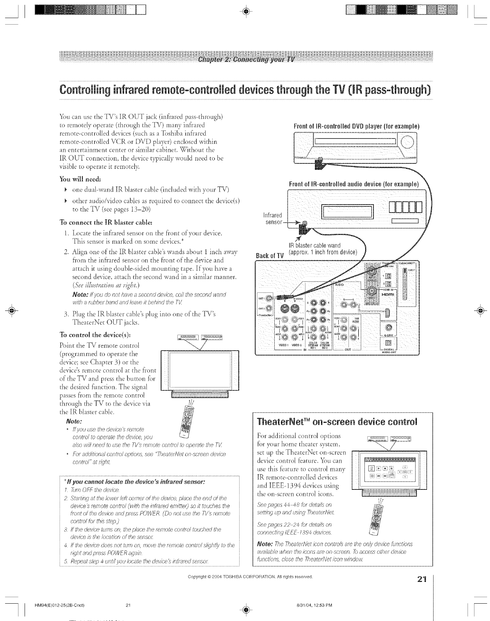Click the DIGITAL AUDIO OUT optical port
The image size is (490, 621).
click(389, 342)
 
